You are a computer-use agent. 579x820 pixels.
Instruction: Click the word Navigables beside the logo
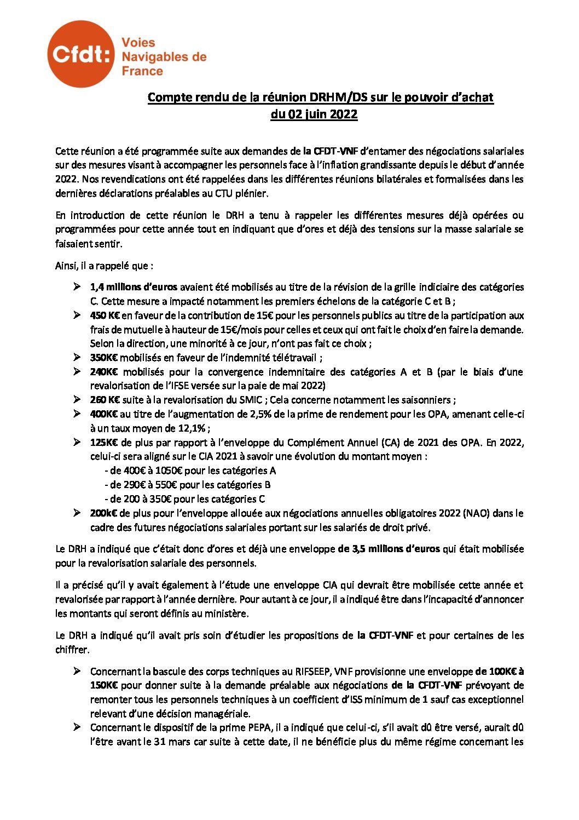[158, 56]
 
